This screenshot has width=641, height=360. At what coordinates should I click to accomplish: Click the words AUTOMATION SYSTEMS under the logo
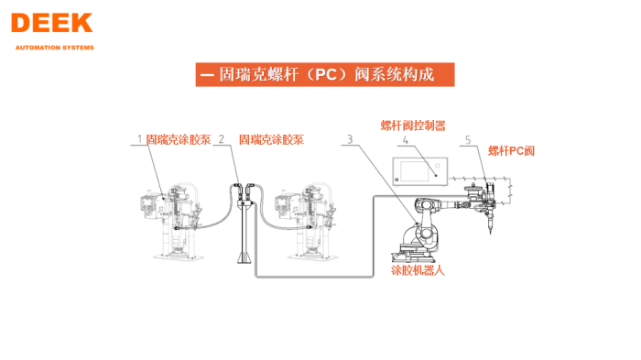tap(53, 48)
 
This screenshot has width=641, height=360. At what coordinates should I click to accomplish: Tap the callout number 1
tap(140, 140)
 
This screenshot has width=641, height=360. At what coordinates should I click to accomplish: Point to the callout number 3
tap(349, 140)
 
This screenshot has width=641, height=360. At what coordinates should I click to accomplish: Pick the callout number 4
tap(404, 141)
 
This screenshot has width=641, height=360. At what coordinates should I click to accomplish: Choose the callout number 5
tap(468, 140)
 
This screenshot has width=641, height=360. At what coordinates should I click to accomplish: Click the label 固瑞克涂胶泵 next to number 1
tap(179, 140)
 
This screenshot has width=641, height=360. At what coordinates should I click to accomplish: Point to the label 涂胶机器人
tap(418, 270)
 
